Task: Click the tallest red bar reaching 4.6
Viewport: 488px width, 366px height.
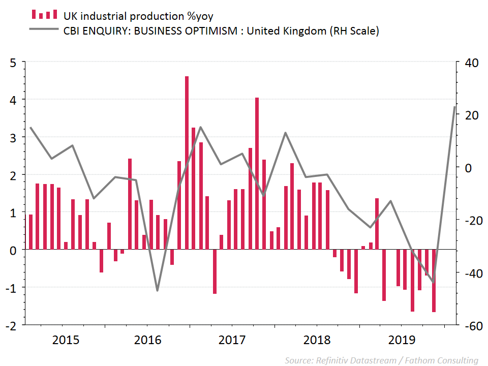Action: pyautogui.click(x=187, y=163)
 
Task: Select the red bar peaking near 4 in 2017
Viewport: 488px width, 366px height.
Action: pyautogui.click(x=257, y=173)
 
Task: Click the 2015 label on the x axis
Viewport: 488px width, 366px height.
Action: pyautogui.click(x=66, y=340)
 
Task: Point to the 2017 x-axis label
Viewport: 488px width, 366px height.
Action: pyautogui.click(x=233, y=340)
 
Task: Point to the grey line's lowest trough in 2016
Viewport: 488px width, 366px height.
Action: pyautogui.click(x=157, y=291)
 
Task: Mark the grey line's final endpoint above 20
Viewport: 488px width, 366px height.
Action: pyautogui.click(x=454, y=107)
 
